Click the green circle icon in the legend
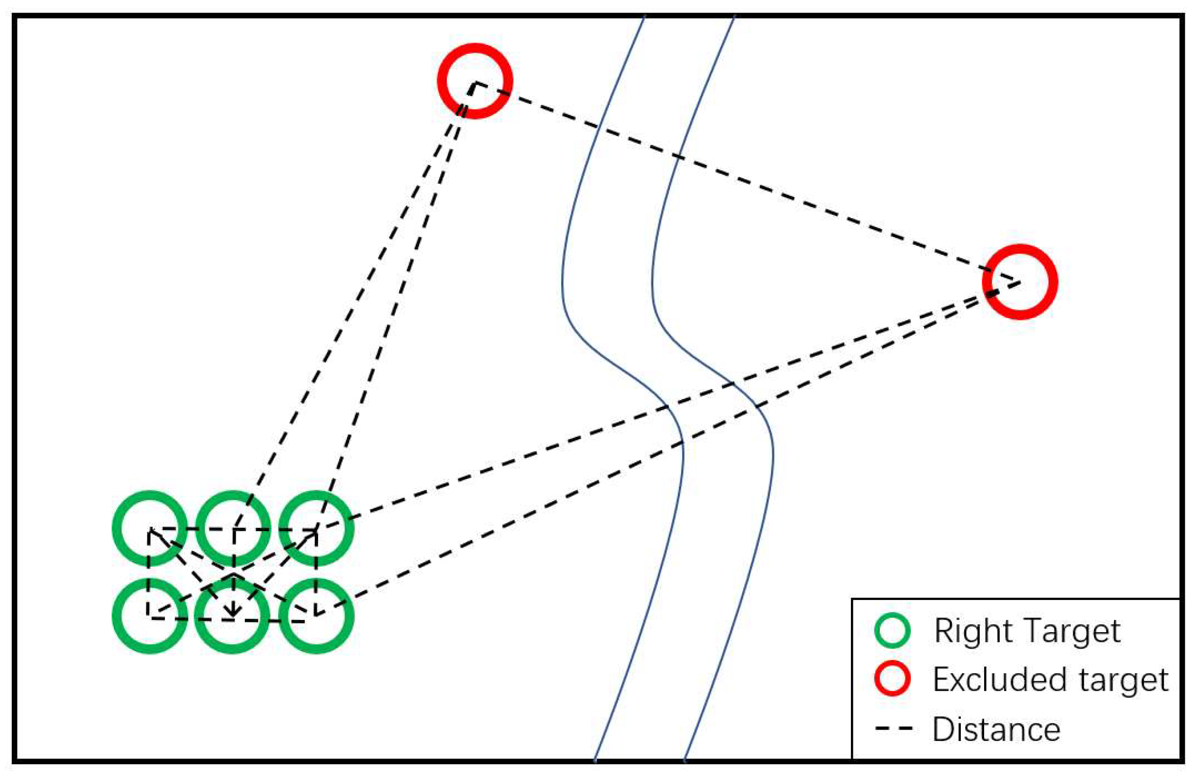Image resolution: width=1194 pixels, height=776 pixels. tap(892, 631)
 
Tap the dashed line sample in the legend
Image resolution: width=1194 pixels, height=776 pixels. tap(893, 728)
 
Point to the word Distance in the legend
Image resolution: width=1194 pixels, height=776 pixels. tap(996, 729)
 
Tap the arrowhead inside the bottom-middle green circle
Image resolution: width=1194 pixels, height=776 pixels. tap(232, 612)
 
